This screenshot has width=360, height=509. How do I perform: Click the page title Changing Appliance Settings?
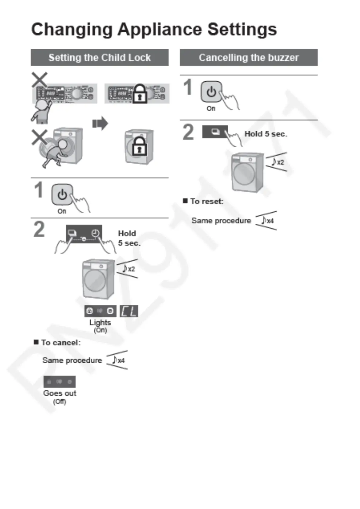click(154, 29)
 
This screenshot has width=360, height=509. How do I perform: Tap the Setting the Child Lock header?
click(99, 57)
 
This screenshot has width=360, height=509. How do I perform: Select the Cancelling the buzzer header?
click(248, 57)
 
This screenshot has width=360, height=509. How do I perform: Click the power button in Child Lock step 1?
click(62, 194)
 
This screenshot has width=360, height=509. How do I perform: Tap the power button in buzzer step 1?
click(211, 91)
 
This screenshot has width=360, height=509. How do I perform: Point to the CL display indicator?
click(129, 311)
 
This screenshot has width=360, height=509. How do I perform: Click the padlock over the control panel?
click(140, 94)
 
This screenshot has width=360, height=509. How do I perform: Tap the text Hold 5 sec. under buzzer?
click(265, 134)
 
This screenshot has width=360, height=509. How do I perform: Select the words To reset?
click(207, 201)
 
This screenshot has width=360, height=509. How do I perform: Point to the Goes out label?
click(60, 393)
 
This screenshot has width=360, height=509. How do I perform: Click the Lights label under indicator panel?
click(100, 323)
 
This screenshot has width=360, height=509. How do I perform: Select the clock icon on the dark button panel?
click(95, 233)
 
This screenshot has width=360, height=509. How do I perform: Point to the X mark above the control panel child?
click(40, 80)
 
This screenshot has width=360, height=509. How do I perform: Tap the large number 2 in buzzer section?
click(188, 132)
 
